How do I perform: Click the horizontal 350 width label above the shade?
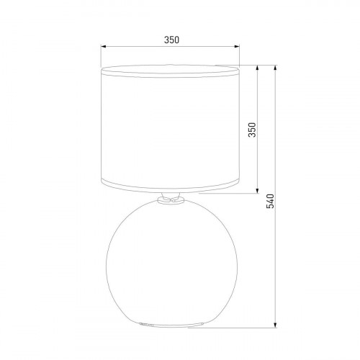171,40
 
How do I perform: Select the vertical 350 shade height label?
252,130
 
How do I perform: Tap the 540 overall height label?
270,202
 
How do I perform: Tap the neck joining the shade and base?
170,199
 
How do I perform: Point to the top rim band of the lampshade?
170,71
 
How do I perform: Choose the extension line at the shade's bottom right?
223,194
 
